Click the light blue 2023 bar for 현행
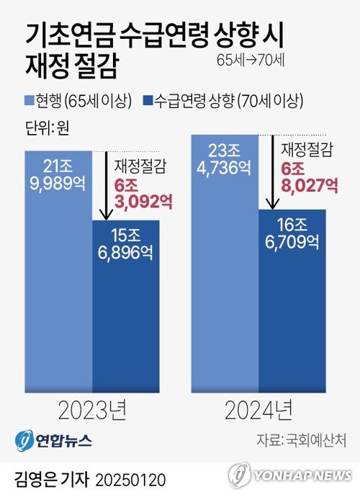tap(58, 288)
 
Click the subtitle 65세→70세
tap(251, 60)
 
